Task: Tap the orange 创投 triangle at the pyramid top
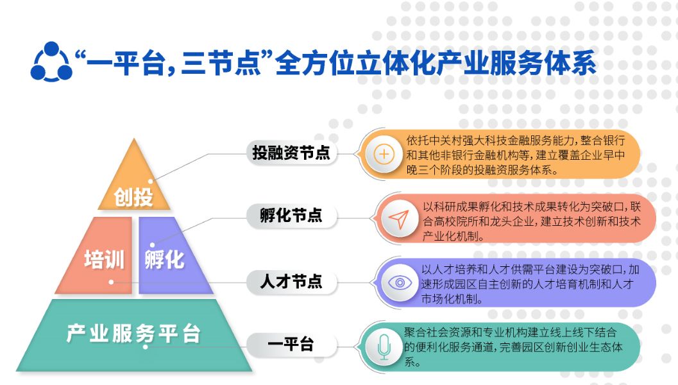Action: point(134,186)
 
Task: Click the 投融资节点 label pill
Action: point(291,153)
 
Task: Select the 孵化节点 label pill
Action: point(291,216)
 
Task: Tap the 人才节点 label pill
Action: point(291,282)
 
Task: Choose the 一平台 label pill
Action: point(290,345)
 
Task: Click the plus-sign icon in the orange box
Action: point(384,154)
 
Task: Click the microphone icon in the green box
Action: point(384,346)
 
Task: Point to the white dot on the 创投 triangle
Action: point(151,182)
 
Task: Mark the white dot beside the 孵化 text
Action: point(152,244)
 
